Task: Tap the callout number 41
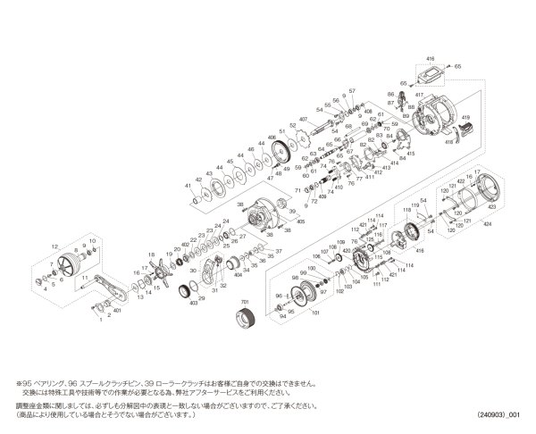(x=188, y=185)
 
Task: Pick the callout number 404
(x=239, y=277)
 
